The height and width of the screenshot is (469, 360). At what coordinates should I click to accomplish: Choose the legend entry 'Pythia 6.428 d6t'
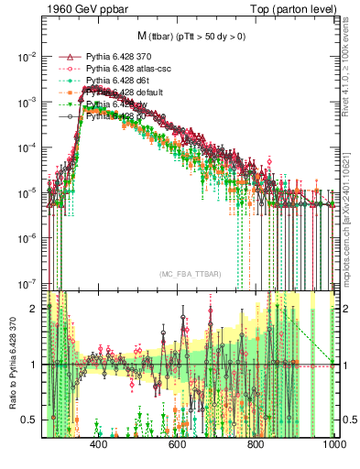[114, 81]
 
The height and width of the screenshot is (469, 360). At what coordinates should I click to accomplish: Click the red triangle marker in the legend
[63, 57]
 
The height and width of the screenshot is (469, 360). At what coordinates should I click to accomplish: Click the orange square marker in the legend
[63, 93]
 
